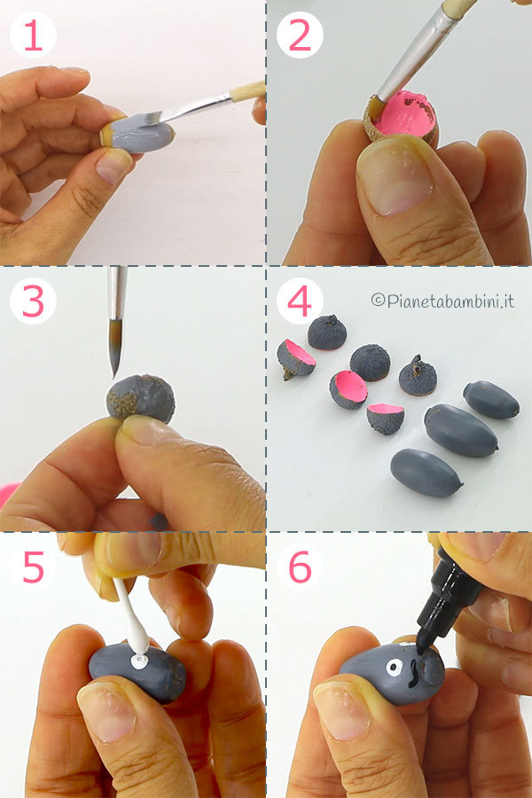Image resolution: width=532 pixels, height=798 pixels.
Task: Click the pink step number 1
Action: [34, 35]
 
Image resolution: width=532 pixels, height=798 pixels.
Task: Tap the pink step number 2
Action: [300, 35]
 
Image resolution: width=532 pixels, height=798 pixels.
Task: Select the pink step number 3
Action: [34, 301]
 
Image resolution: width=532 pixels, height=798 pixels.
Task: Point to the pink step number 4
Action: [300, 301]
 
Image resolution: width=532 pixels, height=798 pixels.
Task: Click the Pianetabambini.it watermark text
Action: [442, 301]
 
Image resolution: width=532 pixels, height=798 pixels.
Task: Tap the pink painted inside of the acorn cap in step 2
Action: [403, 114]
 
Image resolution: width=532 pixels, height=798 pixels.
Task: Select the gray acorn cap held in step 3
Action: [141, 398]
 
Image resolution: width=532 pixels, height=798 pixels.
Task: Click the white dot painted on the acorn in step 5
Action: [139, 661]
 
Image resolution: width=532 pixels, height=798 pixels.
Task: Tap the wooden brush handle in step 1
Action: [247, 90]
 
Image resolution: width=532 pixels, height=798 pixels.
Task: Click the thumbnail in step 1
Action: [113, 166]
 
